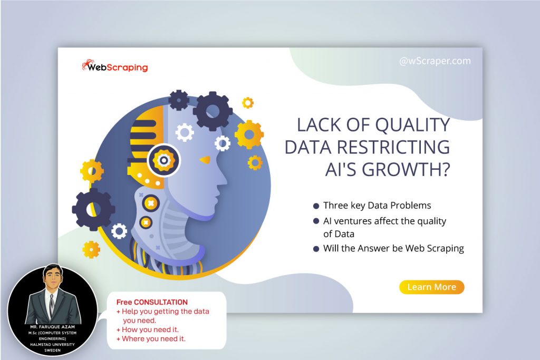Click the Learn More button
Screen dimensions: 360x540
click(431, 287)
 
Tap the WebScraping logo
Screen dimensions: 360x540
click(115, 67)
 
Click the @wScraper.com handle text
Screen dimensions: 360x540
click(435, 61)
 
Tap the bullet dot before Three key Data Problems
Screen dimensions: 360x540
click(316, 206)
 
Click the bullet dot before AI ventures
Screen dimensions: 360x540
click(316, 221)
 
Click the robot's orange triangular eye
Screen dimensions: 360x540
click(205, 159)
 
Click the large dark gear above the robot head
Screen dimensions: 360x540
click(213, 111)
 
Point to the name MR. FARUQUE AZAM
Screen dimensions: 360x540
click(51, 327)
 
